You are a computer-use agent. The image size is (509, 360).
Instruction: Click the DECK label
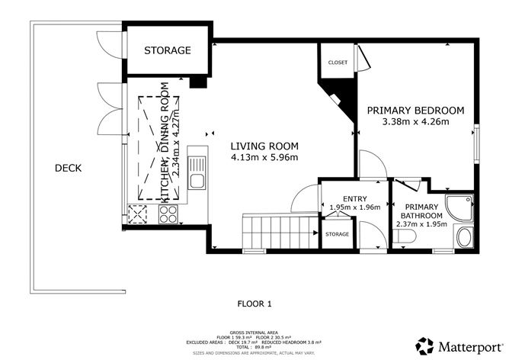coord(68,169)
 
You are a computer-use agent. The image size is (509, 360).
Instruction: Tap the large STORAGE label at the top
coord(167,50)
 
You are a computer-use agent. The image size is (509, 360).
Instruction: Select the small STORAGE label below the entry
coord(337,234)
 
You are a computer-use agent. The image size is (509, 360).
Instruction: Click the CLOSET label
coord(338,62)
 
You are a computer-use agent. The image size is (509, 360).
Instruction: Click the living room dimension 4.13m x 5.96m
coord(265,158)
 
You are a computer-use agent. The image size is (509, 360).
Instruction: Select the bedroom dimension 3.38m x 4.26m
coord(415,121)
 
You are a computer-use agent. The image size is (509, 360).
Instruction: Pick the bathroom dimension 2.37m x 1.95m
coord(421,224)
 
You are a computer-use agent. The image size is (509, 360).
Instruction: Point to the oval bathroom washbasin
coord(463,239)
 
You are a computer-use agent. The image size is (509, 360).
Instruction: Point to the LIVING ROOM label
coord(265,146)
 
